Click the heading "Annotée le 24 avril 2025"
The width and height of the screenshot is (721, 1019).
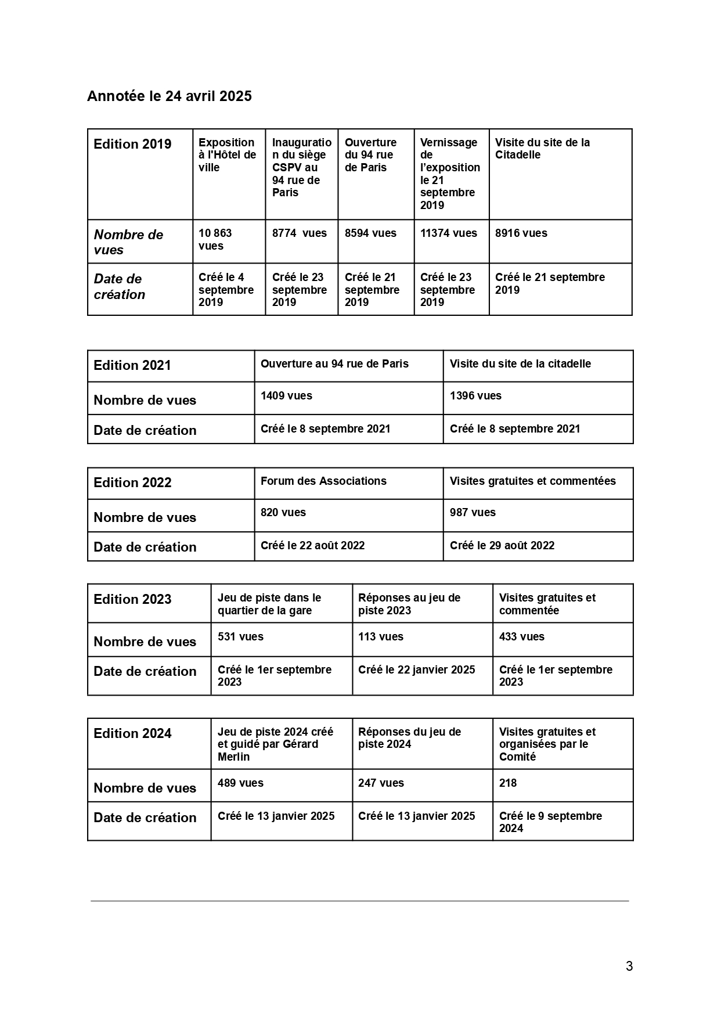click(169, 96)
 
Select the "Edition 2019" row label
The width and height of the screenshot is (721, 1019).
click(132, 145)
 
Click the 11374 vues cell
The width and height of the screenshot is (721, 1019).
click(448, 233)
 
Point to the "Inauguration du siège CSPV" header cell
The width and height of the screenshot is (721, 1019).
click(301, 167)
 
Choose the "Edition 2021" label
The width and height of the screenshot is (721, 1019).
click(132, 366)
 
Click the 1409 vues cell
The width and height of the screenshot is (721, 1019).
click(286, 396)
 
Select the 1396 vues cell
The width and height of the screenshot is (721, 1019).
click(475, 396)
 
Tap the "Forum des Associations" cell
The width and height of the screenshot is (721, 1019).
click(323, 481)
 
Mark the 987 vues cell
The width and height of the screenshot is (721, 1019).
click(473, 513)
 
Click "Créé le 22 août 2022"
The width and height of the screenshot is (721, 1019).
click(312, 546)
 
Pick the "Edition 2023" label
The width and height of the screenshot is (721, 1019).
click(132, 600)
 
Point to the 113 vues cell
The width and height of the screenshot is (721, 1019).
click(380, 637)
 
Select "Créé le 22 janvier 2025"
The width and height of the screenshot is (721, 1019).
click(416, 670)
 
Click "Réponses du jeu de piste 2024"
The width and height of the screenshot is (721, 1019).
click(409, 738)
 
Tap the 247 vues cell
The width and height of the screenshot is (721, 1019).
click(381, 783)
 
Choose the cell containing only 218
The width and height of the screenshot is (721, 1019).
click(508, 783)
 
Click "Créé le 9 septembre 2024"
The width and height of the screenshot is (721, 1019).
click(550, 822)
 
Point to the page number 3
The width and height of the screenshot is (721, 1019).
click(629, 967)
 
